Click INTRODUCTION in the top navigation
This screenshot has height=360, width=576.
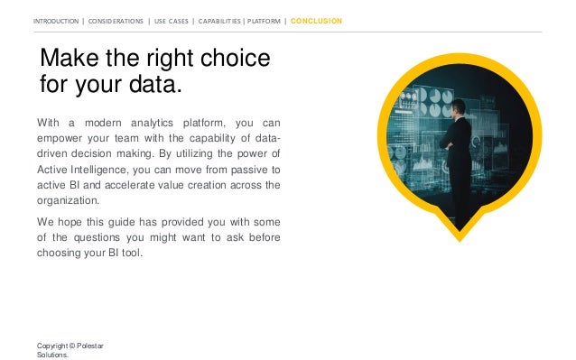(55, 20)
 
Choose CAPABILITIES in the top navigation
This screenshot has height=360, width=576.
(227, 20)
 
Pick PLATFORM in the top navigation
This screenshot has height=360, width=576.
(267, 20)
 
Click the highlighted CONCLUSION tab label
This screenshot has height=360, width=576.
(316, 20)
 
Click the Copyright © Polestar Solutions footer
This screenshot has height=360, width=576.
(70, 349)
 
